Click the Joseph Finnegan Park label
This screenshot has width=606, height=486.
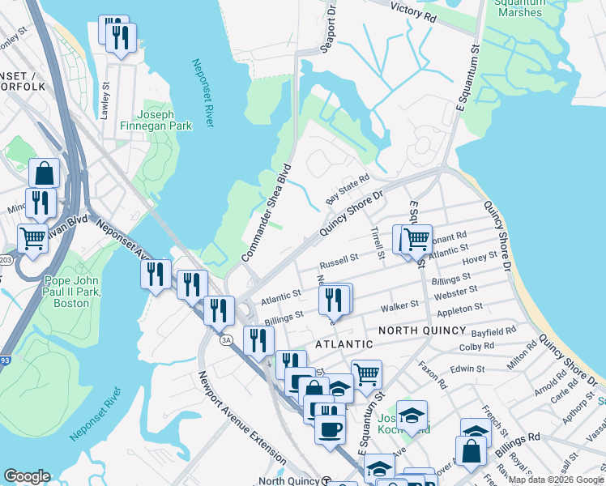pos(165,120)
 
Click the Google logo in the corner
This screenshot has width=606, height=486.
pos(27,476)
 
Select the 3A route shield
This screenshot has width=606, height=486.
pos(226,340)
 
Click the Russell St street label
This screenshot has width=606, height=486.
pos(339,262)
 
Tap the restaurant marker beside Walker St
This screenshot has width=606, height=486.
pos(335,300)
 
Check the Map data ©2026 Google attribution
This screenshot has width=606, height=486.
pos(556,480)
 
